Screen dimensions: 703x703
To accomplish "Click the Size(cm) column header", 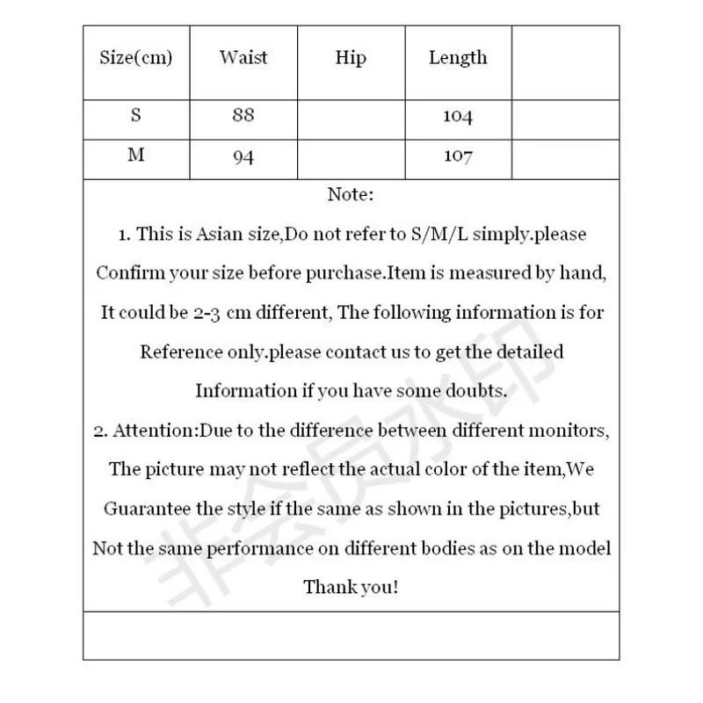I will point(135,59).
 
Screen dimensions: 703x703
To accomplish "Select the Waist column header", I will point(243,58).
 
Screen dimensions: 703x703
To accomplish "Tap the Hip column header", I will point(350,58).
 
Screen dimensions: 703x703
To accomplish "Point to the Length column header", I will point(457,58).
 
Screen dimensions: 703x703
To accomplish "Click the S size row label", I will point(135,115).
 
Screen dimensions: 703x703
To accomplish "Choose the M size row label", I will point(135,155).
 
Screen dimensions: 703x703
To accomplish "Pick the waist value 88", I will point(243,116).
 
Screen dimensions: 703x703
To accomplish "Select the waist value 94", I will point(243,156).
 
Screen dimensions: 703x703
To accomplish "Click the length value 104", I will point(457,117).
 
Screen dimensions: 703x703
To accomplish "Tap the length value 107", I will point(457,156).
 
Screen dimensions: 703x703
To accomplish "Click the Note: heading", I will point(351,194).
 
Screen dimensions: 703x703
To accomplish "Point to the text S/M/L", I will point(443,235).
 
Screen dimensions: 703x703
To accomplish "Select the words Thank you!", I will point(351,586).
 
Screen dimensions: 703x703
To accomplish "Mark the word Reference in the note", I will point(180,351).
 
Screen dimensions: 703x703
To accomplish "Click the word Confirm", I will point(128,273).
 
